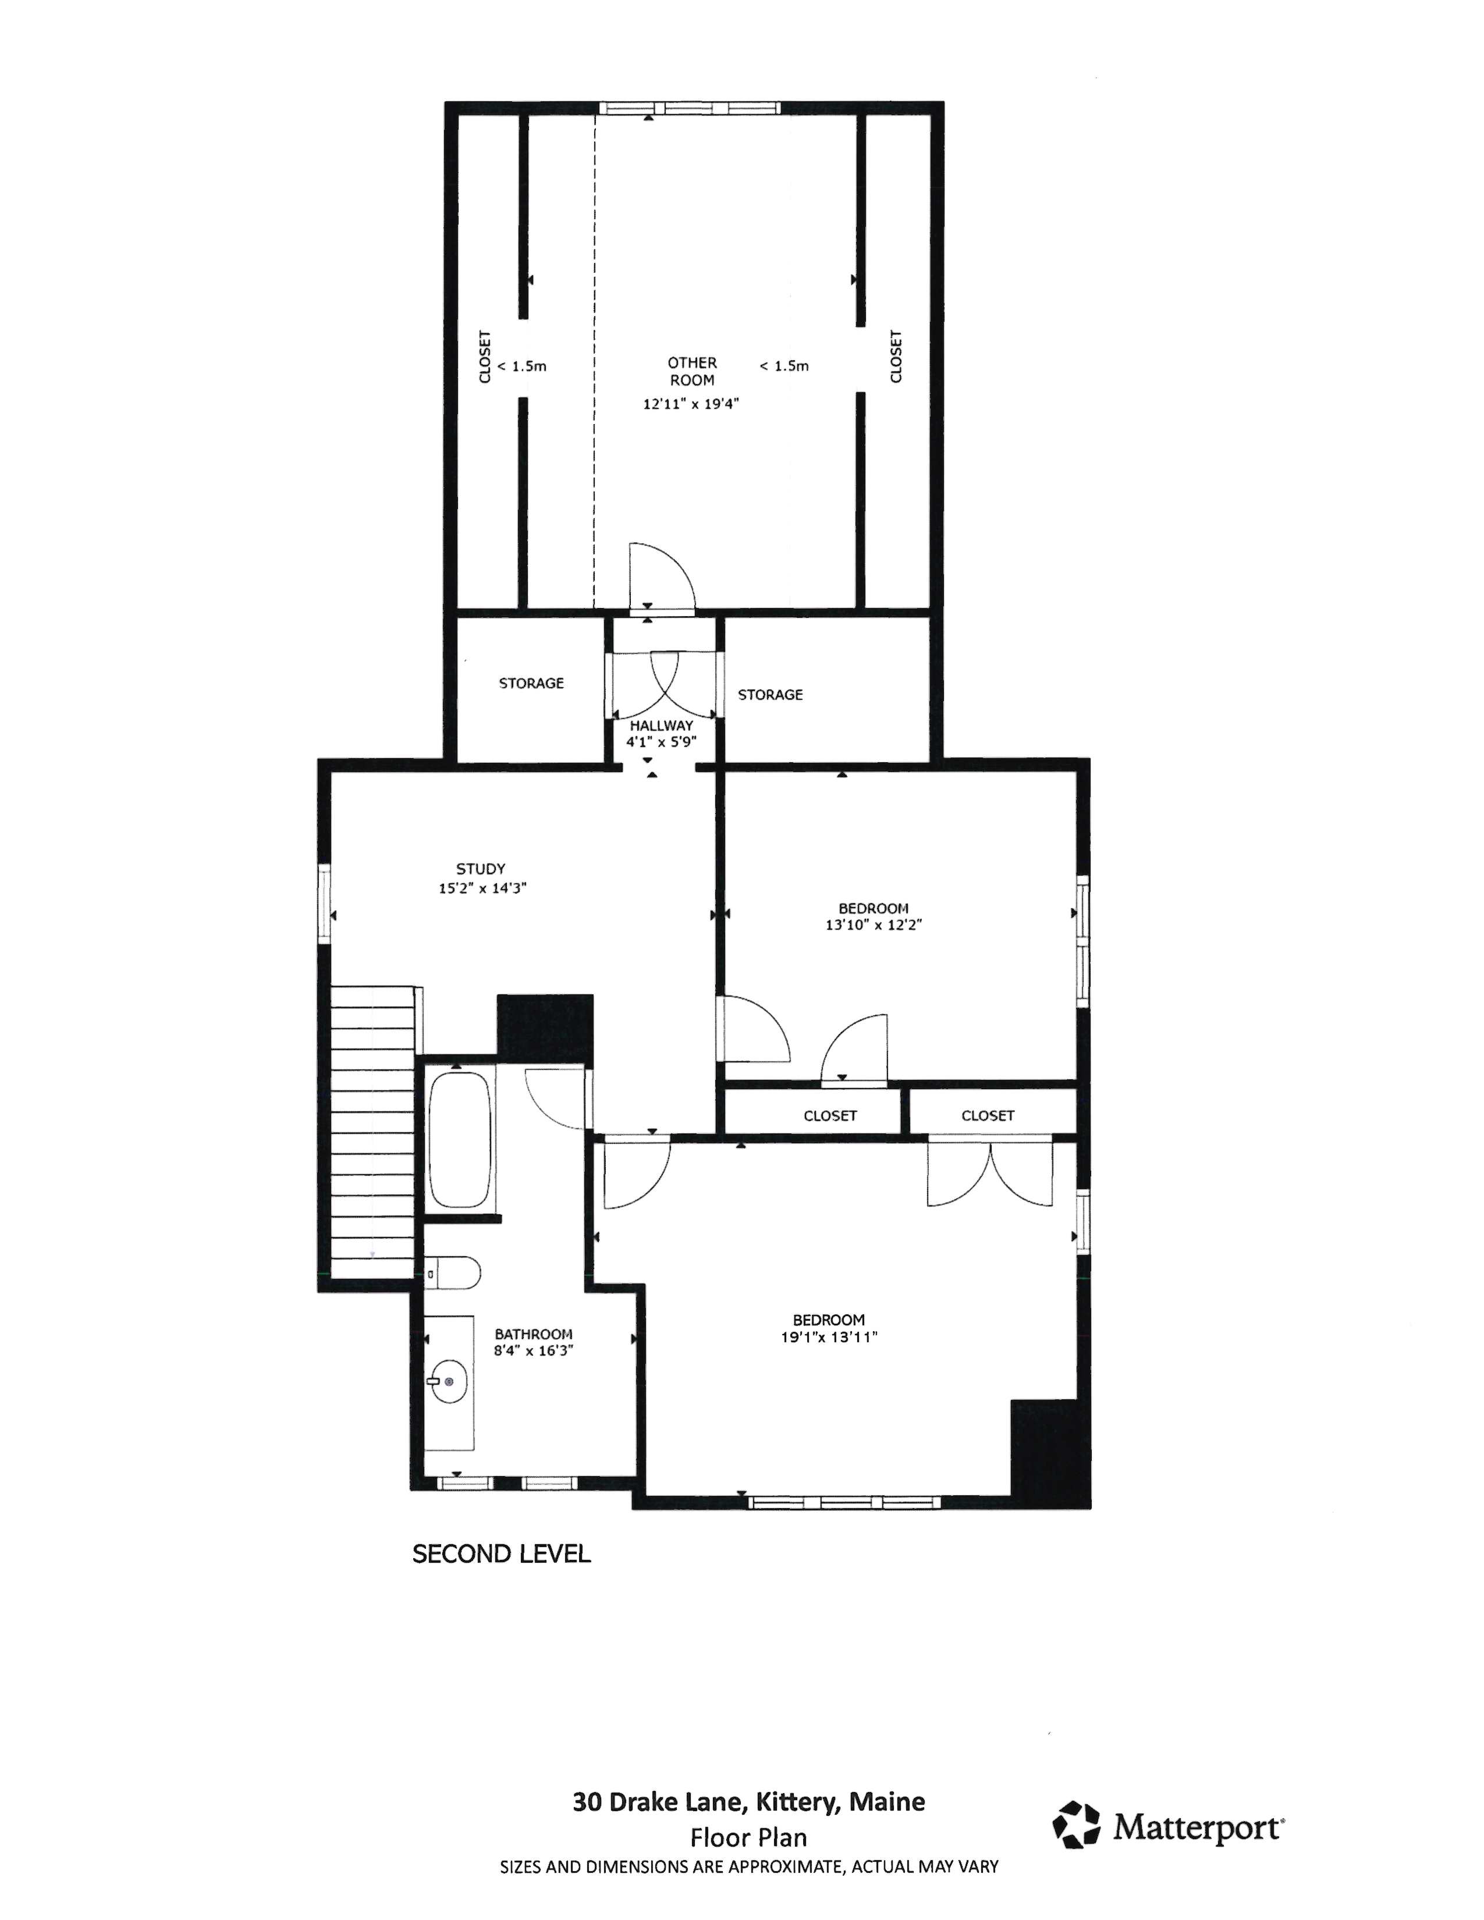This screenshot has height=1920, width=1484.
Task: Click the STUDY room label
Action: coord(480,869)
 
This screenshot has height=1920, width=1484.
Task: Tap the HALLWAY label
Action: coord(661,726)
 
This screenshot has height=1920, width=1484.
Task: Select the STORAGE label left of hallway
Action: coord(531,683)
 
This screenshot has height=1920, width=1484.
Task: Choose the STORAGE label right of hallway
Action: coord(770,695)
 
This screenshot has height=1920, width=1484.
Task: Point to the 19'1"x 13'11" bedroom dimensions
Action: coord(829,1337)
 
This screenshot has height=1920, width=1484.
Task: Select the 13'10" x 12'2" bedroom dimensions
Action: coord(873,925)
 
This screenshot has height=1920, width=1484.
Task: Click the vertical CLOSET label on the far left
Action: coord(484,356)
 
